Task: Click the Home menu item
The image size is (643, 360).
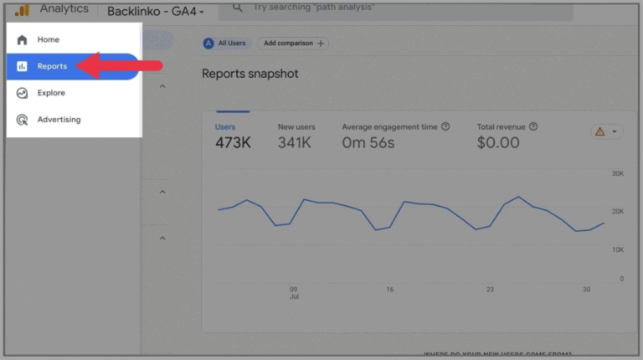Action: pos(48,39)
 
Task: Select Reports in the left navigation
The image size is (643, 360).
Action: pos(51,66)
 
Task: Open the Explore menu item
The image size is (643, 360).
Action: pos(50,93)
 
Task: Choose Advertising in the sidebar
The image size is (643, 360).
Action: pos(59,120)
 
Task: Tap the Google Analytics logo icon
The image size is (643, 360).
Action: pos(21,10)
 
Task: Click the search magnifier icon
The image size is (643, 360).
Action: pos(238,8)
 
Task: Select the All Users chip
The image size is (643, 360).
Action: pos(226,43)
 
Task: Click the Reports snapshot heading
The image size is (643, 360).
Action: pos(249,74)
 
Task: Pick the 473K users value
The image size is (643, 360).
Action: pos(233,143)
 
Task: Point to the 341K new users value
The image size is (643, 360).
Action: pos(295,143)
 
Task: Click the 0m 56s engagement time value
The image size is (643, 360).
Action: pos(368,143)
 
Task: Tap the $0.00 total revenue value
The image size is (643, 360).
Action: pos(498,143)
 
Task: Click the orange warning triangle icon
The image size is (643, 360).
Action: pos(599,131)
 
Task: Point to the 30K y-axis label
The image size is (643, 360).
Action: pos(617,173)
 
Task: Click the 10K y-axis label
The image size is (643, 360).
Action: pos(617,249)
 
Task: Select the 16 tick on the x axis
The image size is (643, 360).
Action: pos(390,290)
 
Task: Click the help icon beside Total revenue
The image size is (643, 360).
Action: pos(533,127)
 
